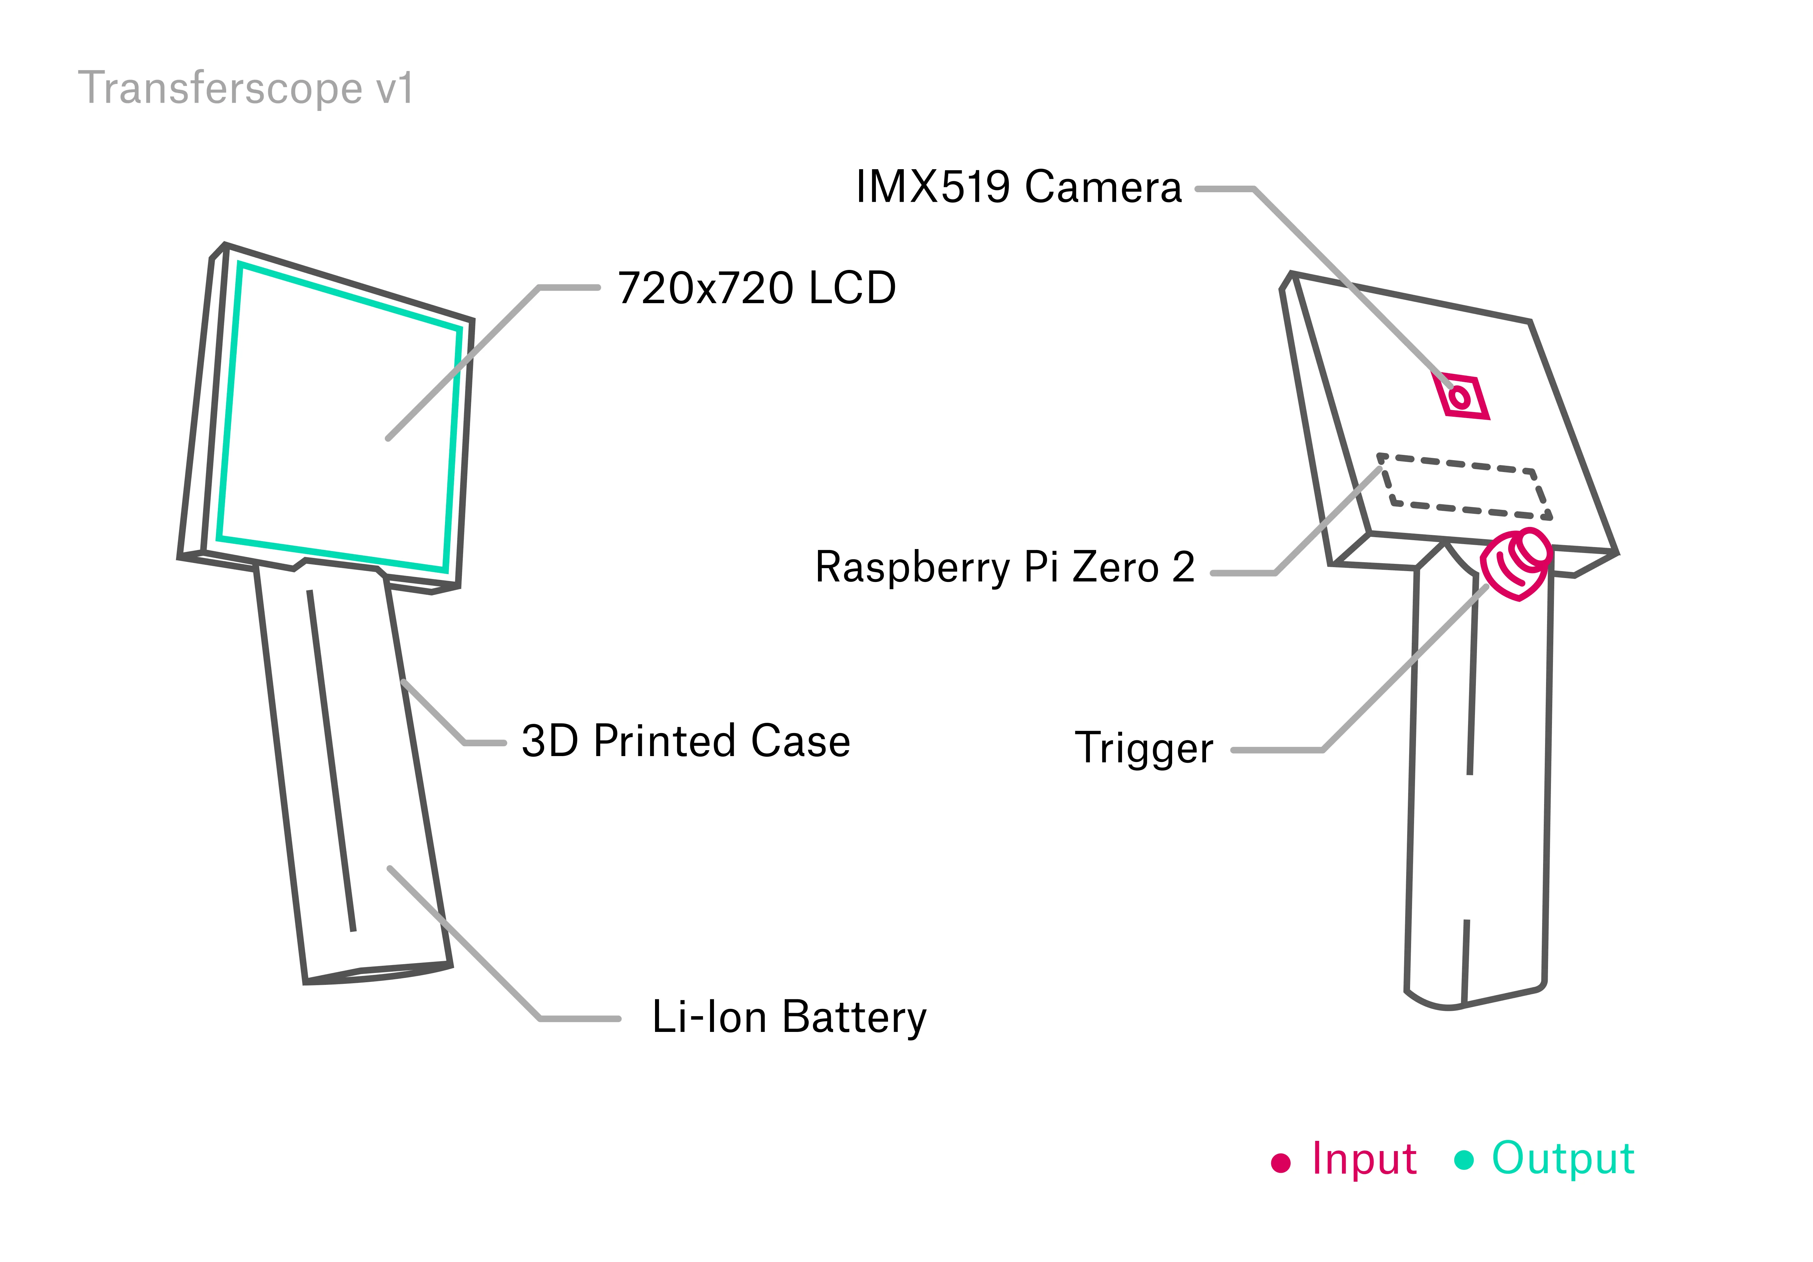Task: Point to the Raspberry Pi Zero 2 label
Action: (x=1004, y=567)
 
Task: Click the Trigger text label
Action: (x=1143, y=748)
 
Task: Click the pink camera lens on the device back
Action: (x=1460, y=396)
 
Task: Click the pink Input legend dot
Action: (x=1281, y=1163)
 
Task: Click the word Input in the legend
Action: (x=1364, y=1159)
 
